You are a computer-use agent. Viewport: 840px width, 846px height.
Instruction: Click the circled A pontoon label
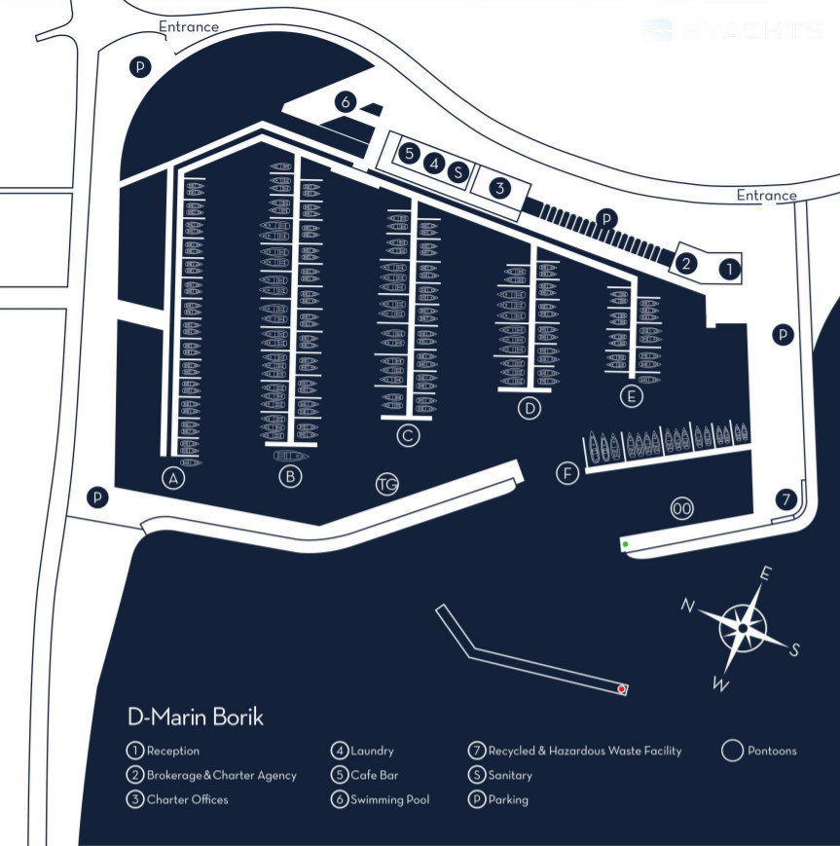173,478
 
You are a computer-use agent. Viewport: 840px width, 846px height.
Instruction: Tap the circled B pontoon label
289,477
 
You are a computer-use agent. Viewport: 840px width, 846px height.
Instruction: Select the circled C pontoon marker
408,435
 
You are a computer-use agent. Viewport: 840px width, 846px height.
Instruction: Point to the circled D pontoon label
529,408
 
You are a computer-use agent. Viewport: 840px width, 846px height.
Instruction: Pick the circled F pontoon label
566,473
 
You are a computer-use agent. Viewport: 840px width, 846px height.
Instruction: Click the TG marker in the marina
387,484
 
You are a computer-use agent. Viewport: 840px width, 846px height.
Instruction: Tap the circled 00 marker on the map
681,508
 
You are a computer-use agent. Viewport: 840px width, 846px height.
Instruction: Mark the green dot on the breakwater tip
625,543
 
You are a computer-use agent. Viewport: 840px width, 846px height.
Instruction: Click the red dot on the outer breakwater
621,689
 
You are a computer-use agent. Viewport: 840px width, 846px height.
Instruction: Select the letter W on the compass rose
720,685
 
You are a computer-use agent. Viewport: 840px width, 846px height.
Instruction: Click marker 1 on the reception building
729,267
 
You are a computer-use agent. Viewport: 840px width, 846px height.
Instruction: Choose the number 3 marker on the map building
499,187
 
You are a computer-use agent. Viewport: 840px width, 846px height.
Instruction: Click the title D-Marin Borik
196,717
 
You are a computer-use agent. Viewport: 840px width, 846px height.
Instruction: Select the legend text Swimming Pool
389,800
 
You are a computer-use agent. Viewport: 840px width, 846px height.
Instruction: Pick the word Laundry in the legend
372,751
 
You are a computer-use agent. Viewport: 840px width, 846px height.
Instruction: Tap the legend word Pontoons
772,751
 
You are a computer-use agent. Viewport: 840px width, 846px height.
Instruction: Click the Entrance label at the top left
189,26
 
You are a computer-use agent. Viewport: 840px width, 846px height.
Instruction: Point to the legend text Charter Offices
187,800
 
